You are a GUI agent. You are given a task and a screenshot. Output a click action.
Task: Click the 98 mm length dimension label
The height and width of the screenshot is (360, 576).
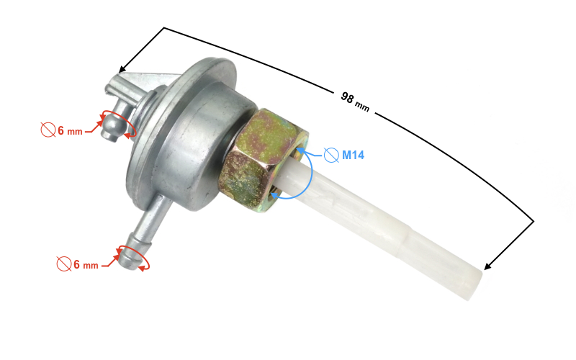pos(355,102)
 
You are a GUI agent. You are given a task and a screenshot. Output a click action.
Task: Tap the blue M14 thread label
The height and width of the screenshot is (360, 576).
pos(353,155)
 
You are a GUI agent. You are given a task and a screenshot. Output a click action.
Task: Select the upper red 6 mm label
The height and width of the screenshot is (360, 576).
pos(70,130)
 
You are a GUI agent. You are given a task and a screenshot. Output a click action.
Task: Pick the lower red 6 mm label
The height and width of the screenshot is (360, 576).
pos(86,264)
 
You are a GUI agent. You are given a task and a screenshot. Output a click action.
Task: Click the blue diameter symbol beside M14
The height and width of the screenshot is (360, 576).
pos(331,155)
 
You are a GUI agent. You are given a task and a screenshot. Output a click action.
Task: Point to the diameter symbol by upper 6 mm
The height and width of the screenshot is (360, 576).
pos(48,130)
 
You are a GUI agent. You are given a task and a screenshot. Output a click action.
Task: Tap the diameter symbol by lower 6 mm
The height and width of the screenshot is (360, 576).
pos(64,264)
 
